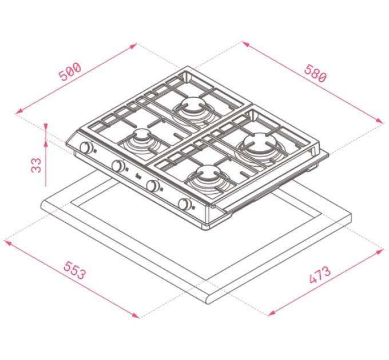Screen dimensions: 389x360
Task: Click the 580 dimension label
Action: tap(315, 73)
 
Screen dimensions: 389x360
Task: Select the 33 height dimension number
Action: tap(36, 165)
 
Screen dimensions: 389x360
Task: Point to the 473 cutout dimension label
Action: tap(320, 275)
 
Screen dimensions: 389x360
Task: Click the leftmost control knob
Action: tap(86, 147)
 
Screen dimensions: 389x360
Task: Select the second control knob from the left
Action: tap(118, 166)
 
